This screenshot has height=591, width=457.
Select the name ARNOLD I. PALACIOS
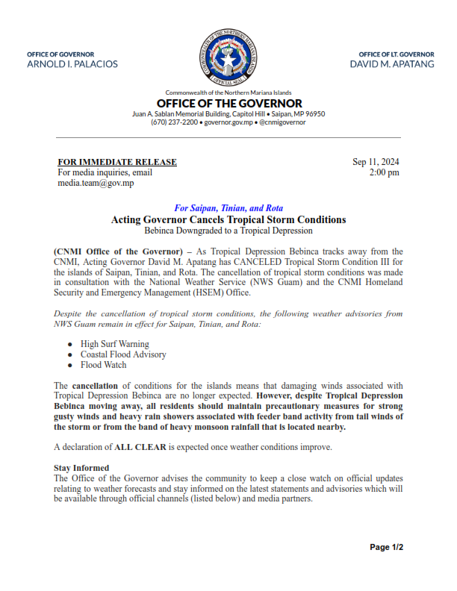click(x=72, y=65)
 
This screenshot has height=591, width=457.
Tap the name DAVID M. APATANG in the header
click(x=392, y=65)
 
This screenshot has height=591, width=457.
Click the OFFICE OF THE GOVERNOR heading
click(x=228, y=103)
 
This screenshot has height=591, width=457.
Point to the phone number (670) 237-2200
click(x=175, y=122)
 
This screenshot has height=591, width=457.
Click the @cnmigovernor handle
click(x=282, y=122)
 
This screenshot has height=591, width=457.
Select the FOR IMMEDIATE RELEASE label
click(x=117, y=162)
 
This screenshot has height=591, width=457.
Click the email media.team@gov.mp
click(x=96, y=183)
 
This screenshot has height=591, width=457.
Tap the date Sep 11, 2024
click(x=376, y=162)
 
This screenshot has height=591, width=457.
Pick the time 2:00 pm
click(x=384, y=172)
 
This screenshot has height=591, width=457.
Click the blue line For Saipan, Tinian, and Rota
click(x=228, y=209)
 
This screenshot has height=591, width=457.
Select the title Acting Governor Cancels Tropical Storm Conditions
click(x=228, y=220)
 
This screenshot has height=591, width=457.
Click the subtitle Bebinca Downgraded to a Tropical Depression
click(x=228, y=231)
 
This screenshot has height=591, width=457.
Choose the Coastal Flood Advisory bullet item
click(x=113, y=354)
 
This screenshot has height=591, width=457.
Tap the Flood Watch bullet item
click(x=103, y=365)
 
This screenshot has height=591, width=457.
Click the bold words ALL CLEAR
click(x=134, y=447)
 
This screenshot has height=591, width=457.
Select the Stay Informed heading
click(x=81, y=468)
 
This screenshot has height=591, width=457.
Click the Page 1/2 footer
click(x=387, y=547)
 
